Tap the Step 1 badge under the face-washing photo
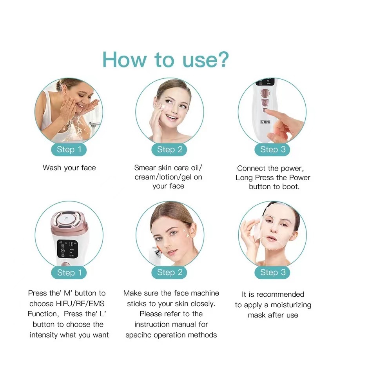point(69,149)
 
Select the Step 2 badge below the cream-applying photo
point(169,149)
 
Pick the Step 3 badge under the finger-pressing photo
point(272,149)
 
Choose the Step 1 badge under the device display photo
point(69,272)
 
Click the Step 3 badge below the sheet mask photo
point(272,272)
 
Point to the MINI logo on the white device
point(265,122)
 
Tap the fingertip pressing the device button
point(270,113)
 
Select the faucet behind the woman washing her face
point(95,124)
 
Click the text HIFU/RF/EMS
point(80,303)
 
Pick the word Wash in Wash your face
point(52,167)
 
